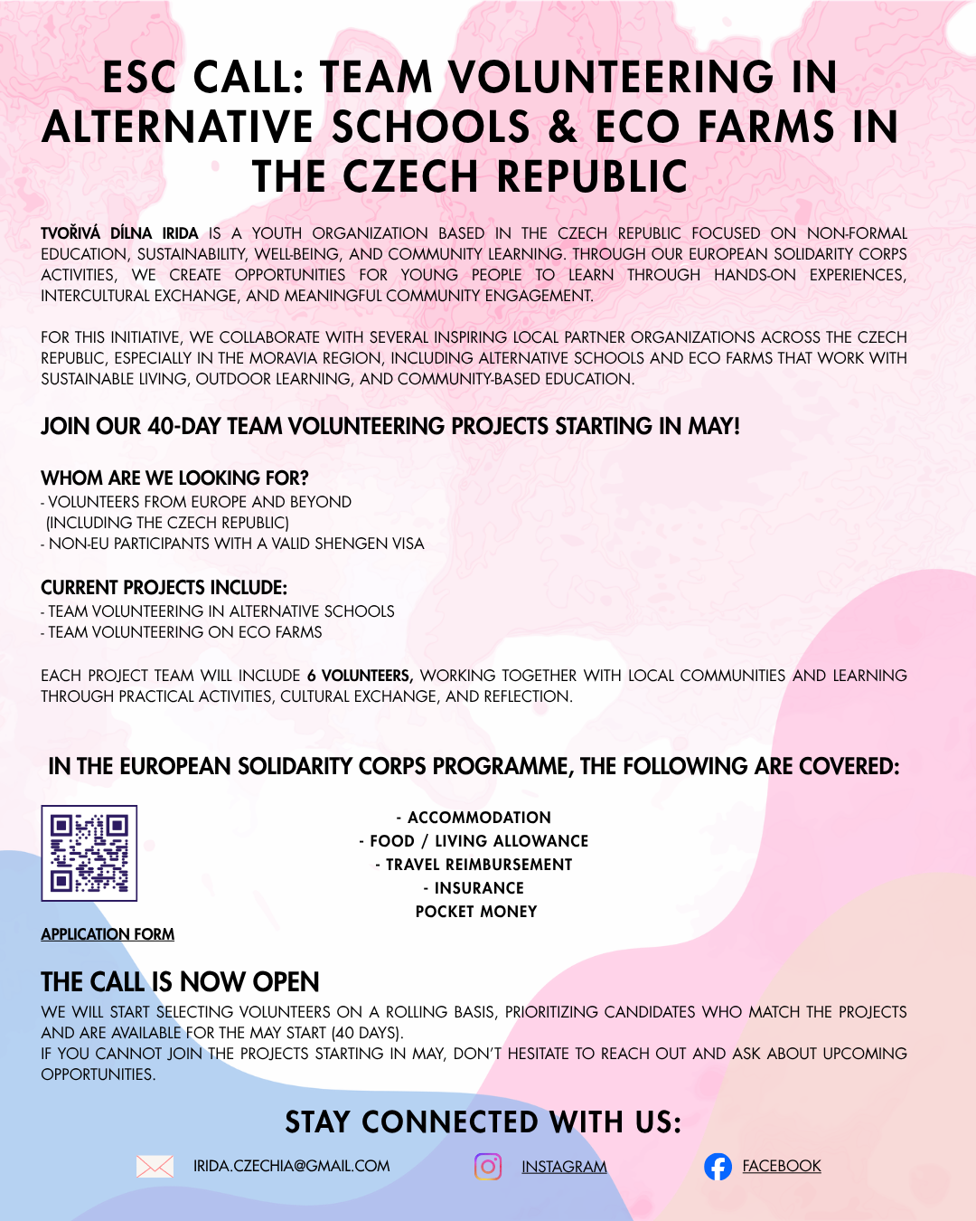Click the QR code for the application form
pyautogui.click(x=89, y=853)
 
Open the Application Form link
pyautogui.click(x=108, y=934)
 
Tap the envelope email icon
pyautogui.click(x=155, y=1166)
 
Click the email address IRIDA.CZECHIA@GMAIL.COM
pyautogui.click(x=291, y=1166)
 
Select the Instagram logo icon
pyautogui.click(x=488, y=1167)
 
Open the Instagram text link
pyautogui.click(x=564, y=1167)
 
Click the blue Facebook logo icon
pyautogui.click(x=718, y=1167)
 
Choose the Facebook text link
pyautogui.click(x=782, y=1166)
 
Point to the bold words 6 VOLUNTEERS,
pyautogui.click(x=360, y=676)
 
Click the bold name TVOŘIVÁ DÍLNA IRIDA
pyautogui.click(x=119, y=233)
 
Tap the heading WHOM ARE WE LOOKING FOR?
pyautogui.click(x=174, y=478)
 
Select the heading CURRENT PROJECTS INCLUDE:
pyautogui.click(x=164, y=587)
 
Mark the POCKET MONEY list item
pyautogui.click(x=476, y=912)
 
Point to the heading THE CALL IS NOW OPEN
pyautogui.click(x=180, y=981)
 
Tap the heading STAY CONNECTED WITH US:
pyautogui.click(x=483, y=1122)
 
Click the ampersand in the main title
pyautogui.click(x=562, y=127)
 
